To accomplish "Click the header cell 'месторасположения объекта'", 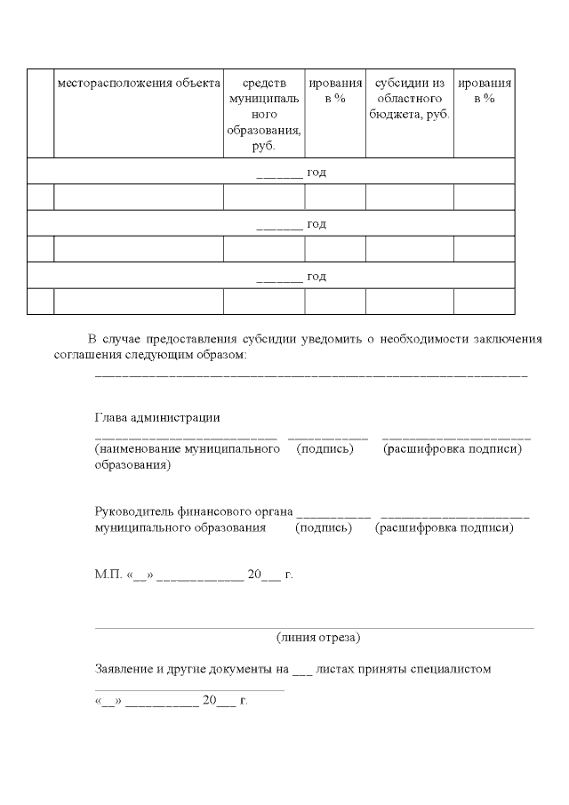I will click(x=139, y=84).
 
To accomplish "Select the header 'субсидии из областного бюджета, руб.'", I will click(x=409, y=99).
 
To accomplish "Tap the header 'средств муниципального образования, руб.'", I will click(x=264, y=115).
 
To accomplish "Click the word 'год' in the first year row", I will click(x=316, y=172).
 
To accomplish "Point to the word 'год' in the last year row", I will click(x=316, y=277).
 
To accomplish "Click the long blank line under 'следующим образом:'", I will click(x=310, y=377).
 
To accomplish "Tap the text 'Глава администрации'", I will click(x=156, y=417).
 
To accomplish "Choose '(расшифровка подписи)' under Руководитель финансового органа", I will click(x=444, y=527).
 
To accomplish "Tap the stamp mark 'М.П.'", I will click(x=108, y=575).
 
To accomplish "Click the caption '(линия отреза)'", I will click(x=316, y=638).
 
